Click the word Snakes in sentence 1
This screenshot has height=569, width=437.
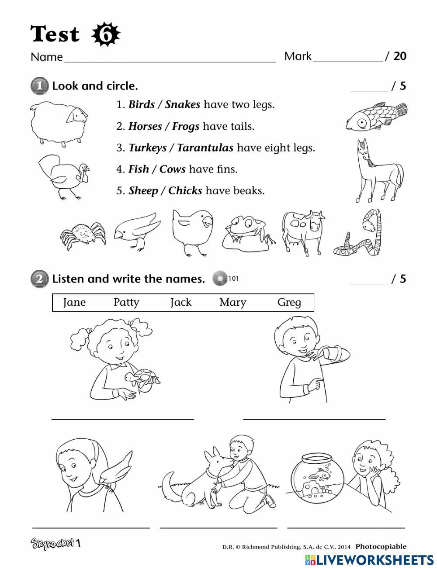182,105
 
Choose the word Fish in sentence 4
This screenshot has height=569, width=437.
139,169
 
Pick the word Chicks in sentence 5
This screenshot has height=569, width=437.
185,191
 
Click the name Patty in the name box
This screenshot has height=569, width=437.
126,302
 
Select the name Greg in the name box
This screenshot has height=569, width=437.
289,302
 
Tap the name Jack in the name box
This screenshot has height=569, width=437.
181,302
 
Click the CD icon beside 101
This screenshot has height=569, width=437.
220,279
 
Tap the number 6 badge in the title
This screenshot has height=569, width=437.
106,34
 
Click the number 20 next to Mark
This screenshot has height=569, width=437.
400,56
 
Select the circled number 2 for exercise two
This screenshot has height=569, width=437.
39,279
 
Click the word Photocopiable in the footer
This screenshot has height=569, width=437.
381,546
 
